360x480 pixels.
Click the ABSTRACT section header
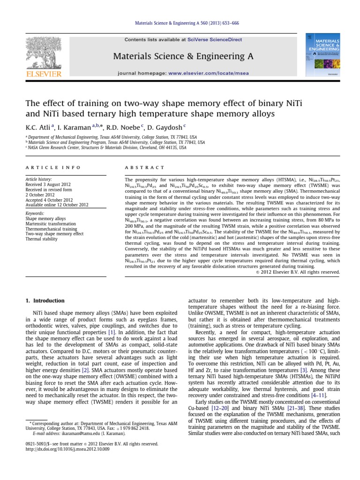coord(145,167)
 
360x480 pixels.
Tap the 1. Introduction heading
coord(45,300)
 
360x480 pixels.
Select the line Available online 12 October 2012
coord(57,205)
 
